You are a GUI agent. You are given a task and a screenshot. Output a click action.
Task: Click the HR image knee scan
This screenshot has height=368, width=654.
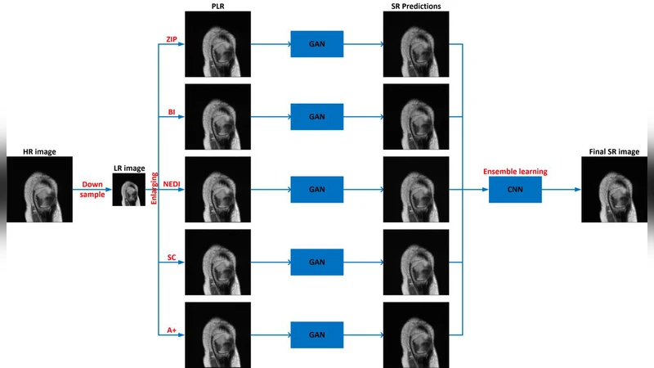[39, 190]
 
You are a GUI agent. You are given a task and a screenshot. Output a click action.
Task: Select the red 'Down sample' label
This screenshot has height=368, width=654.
[92, 190]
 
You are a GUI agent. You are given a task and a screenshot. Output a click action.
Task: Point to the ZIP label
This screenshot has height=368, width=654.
[171, 39]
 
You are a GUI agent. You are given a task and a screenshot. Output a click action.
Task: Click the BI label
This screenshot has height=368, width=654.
[172, 112]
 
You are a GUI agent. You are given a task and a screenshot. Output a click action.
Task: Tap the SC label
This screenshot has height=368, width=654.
[172, 258]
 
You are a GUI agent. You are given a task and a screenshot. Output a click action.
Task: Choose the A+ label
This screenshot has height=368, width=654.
[172, 330]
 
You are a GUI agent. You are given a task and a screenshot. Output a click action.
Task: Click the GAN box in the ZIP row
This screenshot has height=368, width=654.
[317, 43]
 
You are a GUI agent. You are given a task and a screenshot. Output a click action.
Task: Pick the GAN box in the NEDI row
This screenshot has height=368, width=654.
[317, 190]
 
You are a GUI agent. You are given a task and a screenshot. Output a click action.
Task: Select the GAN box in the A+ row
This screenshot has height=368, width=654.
[317, 335]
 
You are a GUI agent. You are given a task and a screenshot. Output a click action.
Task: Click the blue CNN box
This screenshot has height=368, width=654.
[515, 190]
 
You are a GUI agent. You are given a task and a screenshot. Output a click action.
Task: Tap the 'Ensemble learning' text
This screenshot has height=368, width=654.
[515, 172]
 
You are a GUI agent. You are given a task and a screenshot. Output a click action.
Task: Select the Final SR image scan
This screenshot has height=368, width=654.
[613, 190]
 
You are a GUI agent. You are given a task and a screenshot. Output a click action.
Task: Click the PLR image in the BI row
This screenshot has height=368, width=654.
[217, 116]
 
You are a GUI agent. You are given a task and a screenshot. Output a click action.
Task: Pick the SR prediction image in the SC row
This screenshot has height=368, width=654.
[416, 263]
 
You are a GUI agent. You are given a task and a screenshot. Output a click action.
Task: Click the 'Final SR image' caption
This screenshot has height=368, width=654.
[613, 151]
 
